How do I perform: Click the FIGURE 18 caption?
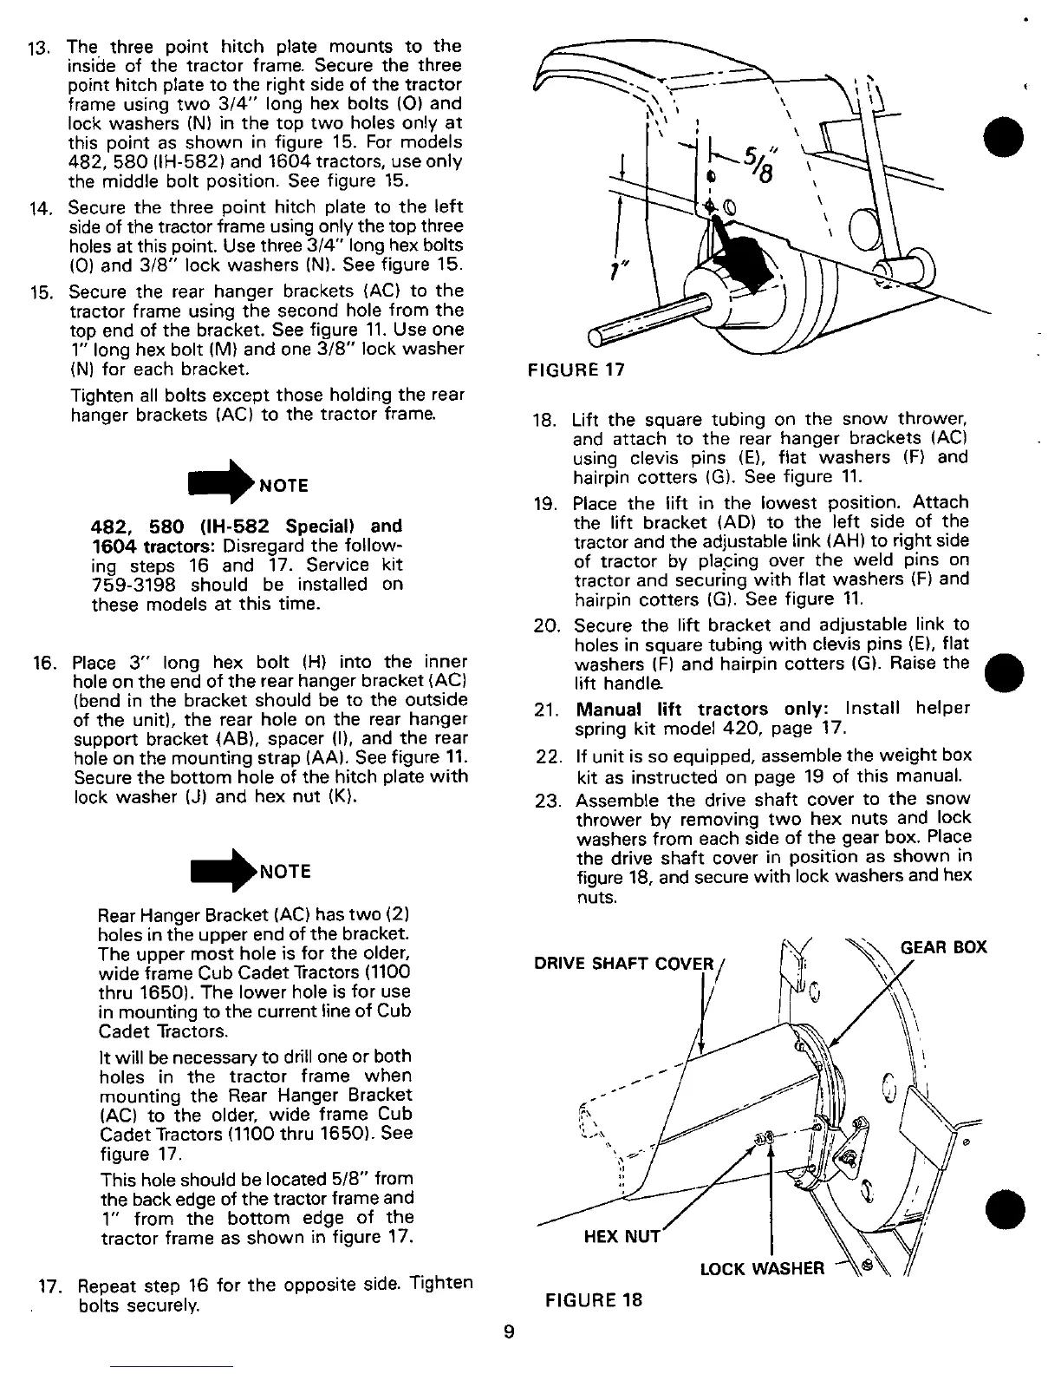[x=594, y=1300]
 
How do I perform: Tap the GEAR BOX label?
[x=944, y=946]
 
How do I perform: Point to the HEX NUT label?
[x=622, y=1236]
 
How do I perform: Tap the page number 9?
[x=510, y=1334]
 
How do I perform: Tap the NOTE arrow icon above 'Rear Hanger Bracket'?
[x=224, y=868]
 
